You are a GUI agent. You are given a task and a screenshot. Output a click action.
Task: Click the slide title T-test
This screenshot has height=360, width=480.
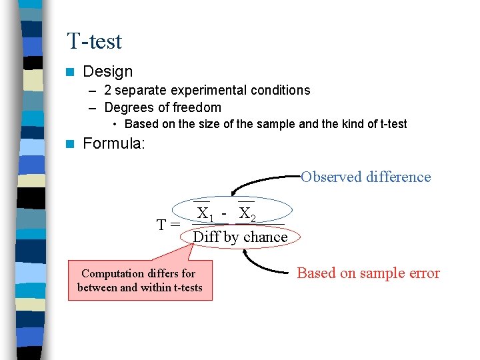click(x=94, y=41)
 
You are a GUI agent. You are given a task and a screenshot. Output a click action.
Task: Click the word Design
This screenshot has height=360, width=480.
click(x=107, y=71)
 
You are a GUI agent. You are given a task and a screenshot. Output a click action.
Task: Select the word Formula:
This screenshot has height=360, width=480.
click(x=113, y=143)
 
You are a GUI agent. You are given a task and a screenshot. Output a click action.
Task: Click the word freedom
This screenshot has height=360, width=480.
click(x=196, y=107)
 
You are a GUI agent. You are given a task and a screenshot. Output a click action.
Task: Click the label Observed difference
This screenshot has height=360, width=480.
click(x=365, y=177)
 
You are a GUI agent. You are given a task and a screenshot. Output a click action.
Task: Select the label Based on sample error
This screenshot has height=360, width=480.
click(x=368, y=273)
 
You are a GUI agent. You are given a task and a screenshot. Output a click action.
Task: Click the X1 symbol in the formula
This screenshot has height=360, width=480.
click(x=205, y=213)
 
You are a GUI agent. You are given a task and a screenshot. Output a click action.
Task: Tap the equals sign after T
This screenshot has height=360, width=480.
click(x=175, y=225)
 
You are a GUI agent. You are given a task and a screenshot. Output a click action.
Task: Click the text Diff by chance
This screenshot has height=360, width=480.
click(x=240, y=237)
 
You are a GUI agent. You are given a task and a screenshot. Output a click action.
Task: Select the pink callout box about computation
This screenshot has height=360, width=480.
click(x=139, y=281)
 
